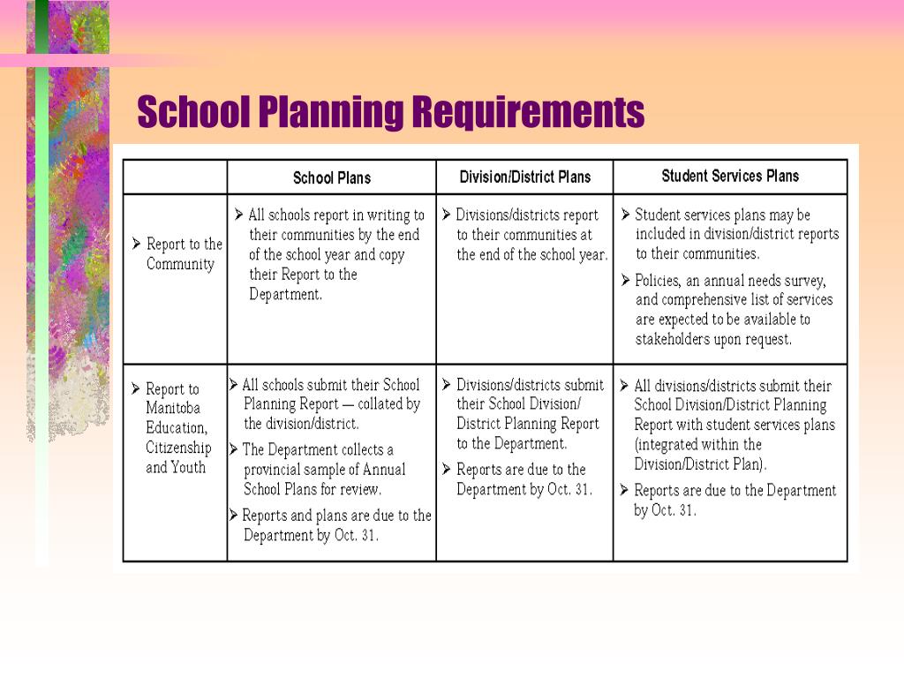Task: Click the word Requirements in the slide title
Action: (528, 113)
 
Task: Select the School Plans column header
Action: (332, 177)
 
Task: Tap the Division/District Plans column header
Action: (524, 177)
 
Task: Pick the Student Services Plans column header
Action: (730, 176)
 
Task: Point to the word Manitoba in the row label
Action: (173, 408)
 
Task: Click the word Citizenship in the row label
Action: (178, 448)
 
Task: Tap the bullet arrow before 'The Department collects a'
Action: (234, 449)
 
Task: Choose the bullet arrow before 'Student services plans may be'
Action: (625, 215)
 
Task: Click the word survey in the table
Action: (803, 281)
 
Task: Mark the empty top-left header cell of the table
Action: (175, 177)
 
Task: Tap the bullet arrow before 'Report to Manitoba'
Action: (136, 388)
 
